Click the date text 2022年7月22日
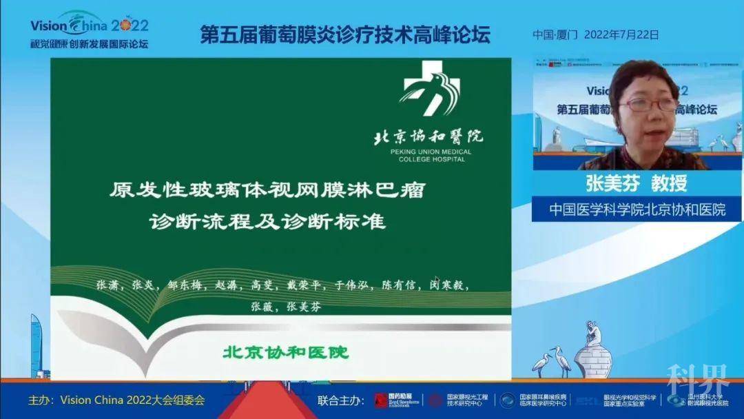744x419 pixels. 621,34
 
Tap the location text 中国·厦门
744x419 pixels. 555,34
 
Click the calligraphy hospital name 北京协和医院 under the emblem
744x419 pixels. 427,135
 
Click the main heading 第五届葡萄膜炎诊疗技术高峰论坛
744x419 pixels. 345,35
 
